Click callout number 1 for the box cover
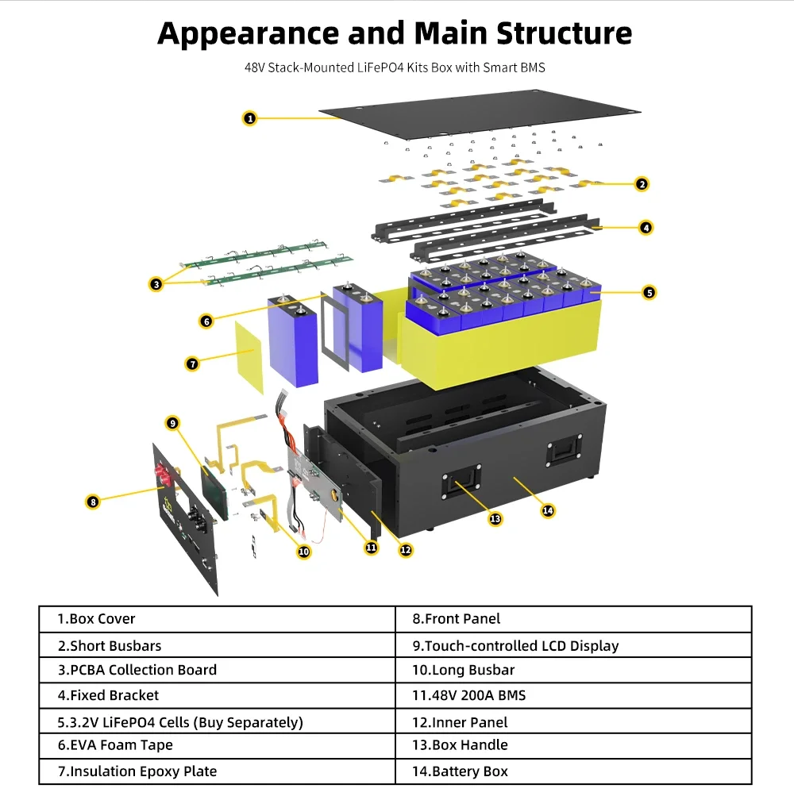(x=249, y=118)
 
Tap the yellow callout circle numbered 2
(x=642, y=184)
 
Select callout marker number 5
(x=649, y=292)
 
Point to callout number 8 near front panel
(x=93, y=501)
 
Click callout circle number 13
(x=495, y=518)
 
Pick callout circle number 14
(x=547, y=510)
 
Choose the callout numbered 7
(x=192, y=363)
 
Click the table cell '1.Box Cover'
(x=217, y=619)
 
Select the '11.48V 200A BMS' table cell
(x=573, y=696)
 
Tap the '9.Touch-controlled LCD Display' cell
(x=573, y=645)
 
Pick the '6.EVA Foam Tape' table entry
(x=217, y=745)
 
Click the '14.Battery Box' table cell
(x=573, y=771)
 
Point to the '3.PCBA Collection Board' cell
(x=217, y=670)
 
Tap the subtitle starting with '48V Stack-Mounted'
(x=395, y=68)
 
